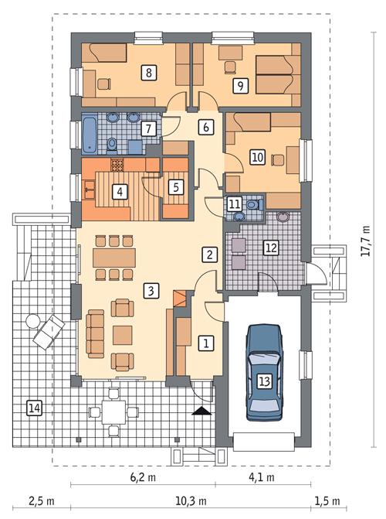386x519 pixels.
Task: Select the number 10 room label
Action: (x=257, y=157)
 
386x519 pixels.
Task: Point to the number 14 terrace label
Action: (x=33, y=408)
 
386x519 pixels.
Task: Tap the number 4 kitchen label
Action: (x=120, y=192)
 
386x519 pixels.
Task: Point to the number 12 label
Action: (x=269, y=248)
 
